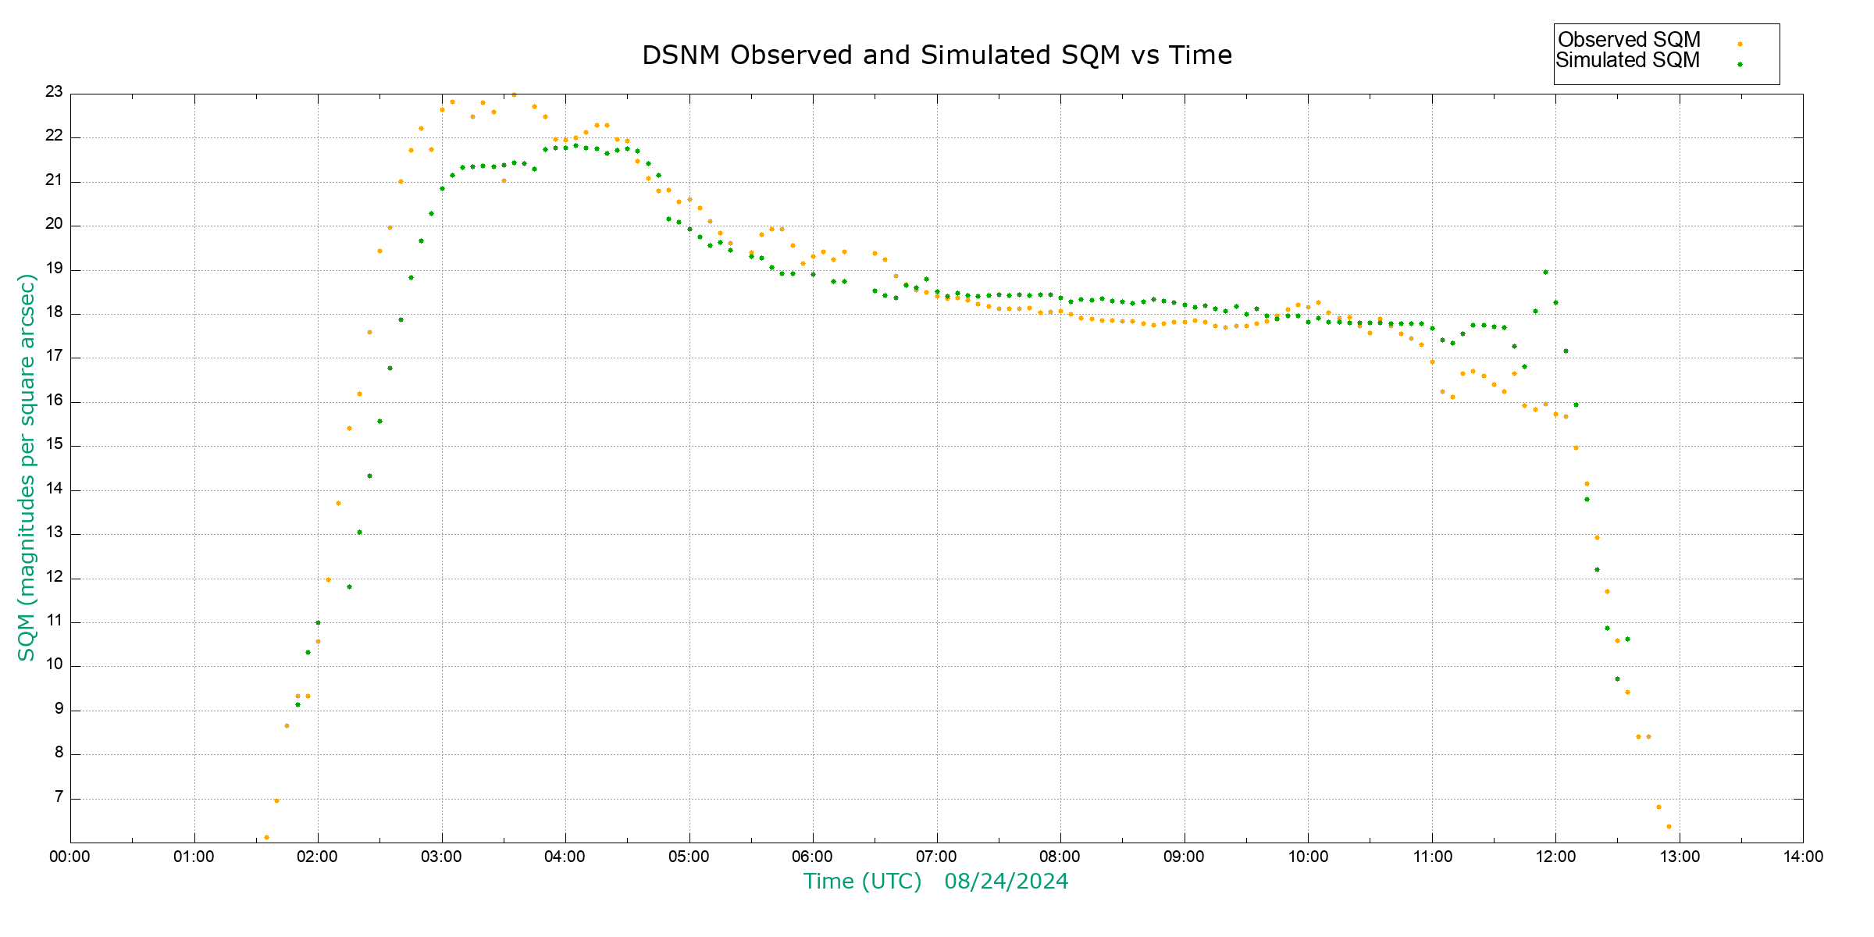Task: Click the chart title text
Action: [936, 55]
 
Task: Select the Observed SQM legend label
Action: [1629, 40]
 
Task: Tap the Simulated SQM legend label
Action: [1627, 60]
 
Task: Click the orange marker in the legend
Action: [1740, 44]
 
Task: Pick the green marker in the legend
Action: [1740, 64]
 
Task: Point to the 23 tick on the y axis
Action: [54, 92]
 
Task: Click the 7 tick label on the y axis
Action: [59, 798]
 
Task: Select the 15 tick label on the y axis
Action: [54, 445]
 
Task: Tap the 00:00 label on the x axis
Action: [69, 857]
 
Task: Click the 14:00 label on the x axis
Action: [1803, 857]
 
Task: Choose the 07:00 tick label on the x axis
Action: [936, 857]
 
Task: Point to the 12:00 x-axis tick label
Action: [1555, 857]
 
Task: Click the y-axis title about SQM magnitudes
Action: [27, 467]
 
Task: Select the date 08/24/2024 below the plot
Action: [1006, 882]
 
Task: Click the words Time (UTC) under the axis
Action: [863, 882]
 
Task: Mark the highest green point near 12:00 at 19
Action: [1545, 272]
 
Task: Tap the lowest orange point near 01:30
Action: [266, 837]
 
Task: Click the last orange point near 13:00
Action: [1669, 826]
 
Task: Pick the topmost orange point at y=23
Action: [514, 94]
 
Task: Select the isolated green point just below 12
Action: [349, 586]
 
